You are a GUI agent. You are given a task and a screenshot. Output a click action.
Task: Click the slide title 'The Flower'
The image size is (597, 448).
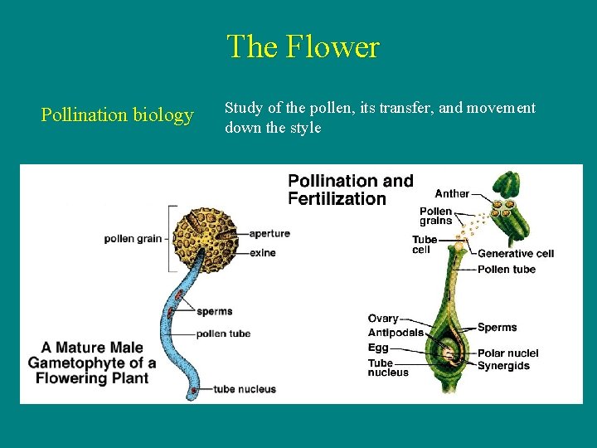click(x=303, y=46)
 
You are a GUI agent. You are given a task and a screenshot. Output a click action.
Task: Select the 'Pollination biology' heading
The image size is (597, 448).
click(x=117, y=114)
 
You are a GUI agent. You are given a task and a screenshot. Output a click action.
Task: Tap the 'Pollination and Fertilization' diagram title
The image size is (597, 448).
click(x=350, y=189)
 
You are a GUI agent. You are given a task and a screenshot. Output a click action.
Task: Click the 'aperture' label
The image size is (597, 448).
click(x=269, y=234)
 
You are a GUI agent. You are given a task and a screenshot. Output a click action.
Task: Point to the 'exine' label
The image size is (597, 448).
click(x=262, y=252)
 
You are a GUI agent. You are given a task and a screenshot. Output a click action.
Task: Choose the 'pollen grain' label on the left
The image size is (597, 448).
click(x=133, y=239)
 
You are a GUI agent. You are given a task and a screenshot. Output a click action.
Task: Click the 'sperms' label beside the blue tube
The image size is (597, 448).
click(x=215, y=311)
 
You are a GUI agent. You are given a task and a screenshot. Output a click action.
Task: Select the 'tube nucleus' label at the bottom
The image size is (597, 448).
click(x=245, y=389)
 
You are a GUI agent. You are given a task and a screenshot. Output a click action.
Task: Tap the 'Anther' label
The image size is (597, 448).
click(x=452, y=194)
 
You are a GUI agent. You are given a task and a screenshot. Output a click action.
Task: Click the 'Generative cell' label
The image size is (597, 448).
click(x=515, y=253)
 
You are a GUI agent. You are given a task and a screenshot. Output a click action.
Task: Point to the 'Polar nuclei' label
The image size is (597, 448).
click(x=507, y=353)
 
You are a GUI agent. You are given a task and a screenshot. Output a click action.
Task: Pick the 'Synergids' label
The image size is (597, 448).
click(x=503, y=366)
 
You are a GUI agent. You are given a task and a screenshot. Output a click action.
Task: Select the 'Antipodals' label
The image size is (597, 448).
click(x=396, y=333)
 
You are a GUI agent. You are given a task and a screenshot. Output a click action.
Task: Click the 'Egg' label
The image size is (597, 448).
click(x=378, y=348)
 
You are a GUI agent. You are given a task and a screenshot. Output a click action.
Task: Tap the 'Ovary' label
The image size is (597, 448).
click(x=383, y=319)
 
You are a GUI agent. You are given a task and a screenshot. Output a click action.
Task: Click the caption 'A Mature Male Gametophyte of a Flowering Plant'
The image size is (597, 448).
click(x=91, y=363)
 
